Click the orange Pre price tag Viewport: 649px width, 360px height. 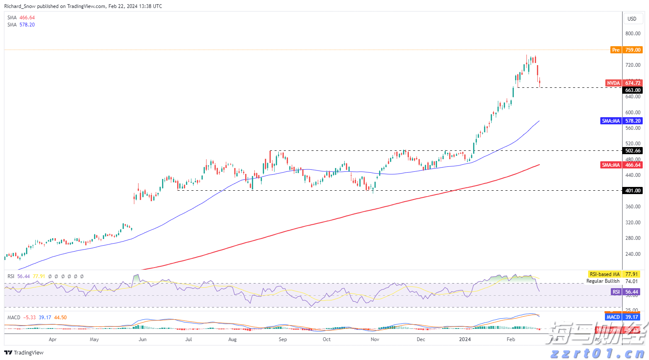615,50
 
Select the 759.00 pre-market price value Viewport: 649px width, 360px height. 633,50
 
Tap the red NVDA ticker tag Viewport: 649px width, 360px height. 613,83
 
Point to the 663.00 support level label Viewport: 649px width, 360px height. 633,90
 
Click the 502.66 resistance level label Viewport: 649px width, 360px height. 633,151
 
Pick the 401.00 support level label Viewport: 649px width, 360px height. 633,191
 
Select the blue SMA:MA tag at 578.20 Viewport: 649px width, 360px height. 611,121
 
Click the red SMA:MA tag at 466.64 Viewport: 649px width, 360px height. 611,165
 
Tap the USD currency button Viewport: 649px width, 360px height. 632,18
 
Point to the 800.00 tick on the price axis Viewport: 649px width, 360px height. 633,34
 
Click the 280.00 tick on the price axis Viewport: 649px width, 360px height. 633,238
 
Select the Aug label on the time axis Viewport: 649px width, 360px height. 232,339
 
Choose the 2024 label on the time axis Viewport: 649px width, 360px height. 465,339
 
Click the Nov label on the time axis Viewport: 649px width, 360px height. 375,339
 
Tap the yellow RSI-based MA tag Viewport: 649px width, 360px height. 605,274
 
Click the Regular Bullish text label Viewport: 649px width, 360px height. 603,281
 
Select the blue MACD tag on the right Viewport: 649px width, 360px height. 613,317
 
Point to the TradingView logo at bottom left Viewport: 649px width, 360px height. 24,352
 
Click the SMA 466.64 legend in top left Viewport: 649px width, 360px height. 21,18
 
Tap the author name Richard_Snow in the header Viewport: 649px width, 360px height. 20,6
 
